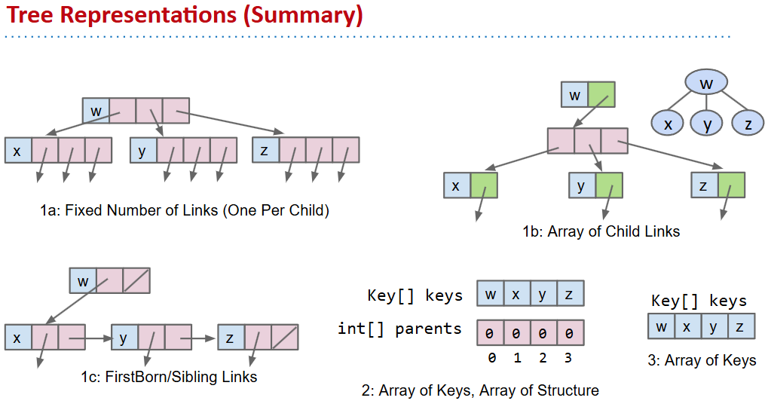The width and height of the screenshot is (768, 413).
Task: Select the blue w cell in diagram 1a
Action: click(x=96, y=111)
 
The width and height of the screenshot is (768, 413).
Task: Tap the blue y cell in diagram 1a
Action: click(x=142, y=150)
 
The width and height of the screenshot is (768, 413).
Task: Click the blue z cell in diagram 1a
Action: click(x=265, y=150)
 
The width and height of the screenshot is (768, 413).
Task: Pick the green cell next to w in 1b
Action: click(x=601, y=95)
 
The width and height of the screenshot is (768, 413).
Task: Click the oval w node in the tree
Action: click(x=705, y=83)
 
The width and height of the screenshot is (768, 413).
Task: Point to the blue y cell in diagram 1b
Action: click(x=581, y=185)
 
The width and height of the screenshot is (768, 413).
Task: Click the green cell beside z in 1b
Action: click(x=731, y=185)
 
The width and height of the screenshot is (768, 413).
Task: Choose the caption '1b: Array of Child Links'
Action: click(x=601, y=232)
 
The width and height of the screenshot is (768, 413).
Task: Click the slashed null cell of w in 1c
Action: click(x=136, y=280)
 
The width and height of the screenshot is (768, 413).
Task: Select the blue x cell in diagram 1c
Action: click(x=17, y=338)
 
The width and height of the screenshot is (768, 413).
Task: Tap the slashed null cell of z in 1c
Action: click(x=285, y=338)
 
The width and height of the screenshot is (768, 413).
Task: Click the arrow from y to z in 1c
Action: click(x=203, y=338)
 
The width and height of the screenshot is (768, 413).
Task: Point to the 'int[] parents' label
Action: click(x=399, y=329)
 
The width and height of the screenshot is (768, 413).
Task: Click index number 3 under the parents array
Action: click(x=568, y=358)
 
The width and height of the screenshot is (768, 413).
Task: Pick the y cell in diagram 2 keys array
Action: click(x=543, y=293)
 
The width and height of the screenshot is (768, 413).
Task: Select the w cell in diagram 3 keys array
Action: click(x=661, y=326)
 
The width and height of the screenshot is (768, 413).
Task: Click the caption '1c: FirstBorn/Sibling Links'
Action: click(x=170, y=377)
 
